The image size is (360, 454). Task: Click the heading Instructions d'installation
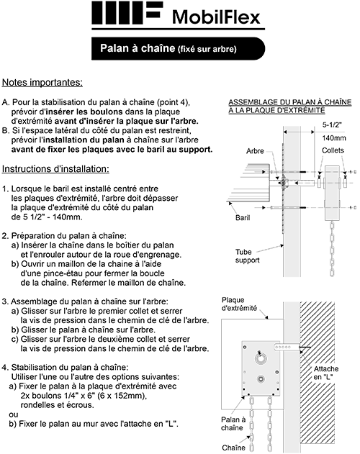point(55,169)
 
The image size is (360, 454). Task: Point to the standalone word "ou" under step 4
point(8,414)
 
